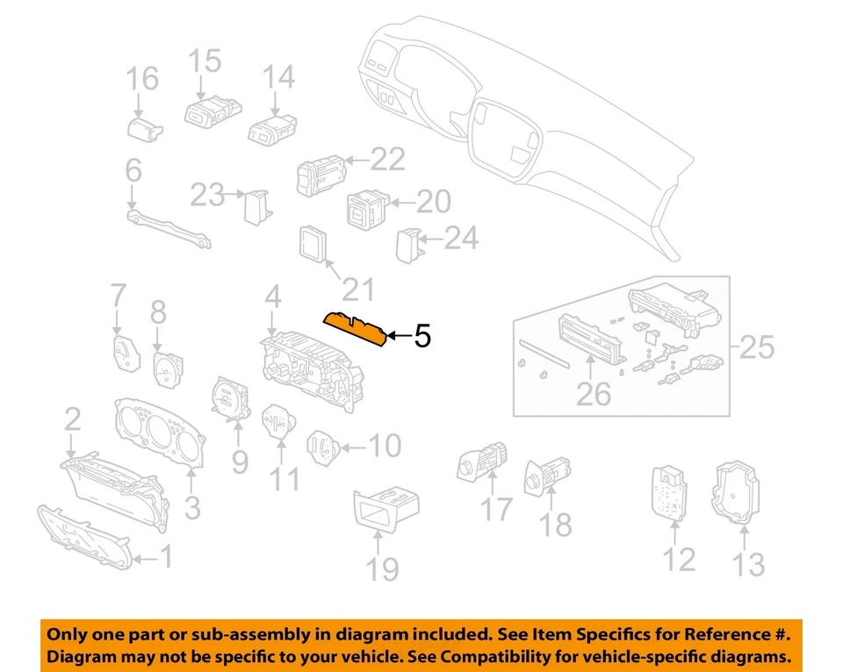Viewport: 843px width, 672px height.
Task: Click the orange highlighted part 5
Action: (x=357, y=329)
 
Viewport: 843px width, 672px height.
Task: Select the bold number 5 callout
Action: (x=422, y=335)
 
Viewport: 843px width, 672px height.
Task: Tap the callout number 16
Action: (x=141, y=79)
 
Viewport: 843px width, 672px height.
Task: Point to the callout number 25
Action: (x=756, y=347)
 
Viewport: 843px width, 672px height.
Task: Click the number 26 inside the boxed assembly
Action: (x=594, y=394)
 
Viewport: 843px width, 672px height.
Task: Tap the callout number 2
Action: (x=73, y=420)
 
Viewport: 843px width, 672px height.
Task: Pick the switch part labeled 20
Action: (x=364, y=207)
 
